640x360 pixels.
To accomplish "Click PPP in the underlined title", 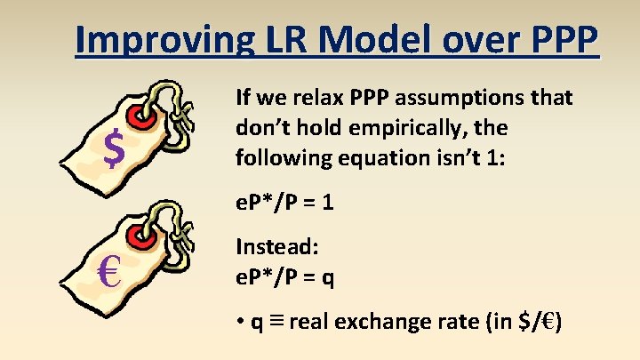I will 554,40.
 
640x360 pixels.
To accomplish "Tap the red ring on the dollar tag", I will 140,116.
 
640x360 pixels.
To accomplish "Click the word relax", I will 323,98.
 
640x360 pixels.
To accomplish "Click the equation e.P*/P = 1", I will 284,203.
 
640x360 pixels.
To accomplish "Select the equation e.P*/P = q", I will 284,278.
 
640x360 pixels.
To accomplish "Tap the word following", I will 276,158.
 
